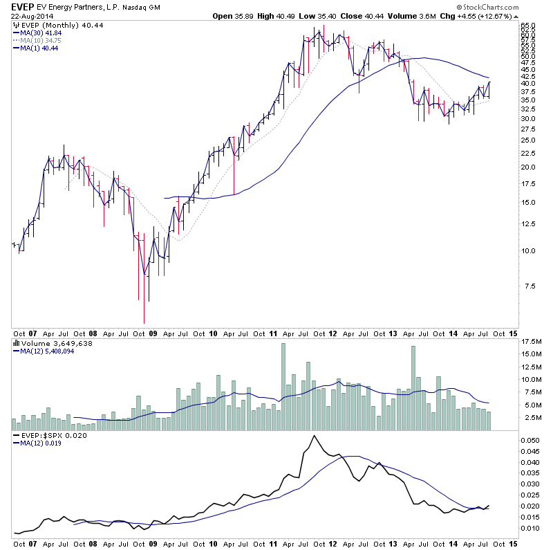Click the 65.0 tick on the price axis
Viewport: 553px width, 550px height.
click(x=528, y=25)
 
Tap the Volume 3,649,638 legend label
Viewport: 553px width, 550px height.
click(x=47, y=342)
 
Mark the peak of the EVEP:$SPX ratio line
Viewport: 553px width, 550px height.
click(x=314, y=435)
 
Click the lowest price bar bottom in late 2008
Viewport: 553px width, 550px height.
click(x=144, y=322)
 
